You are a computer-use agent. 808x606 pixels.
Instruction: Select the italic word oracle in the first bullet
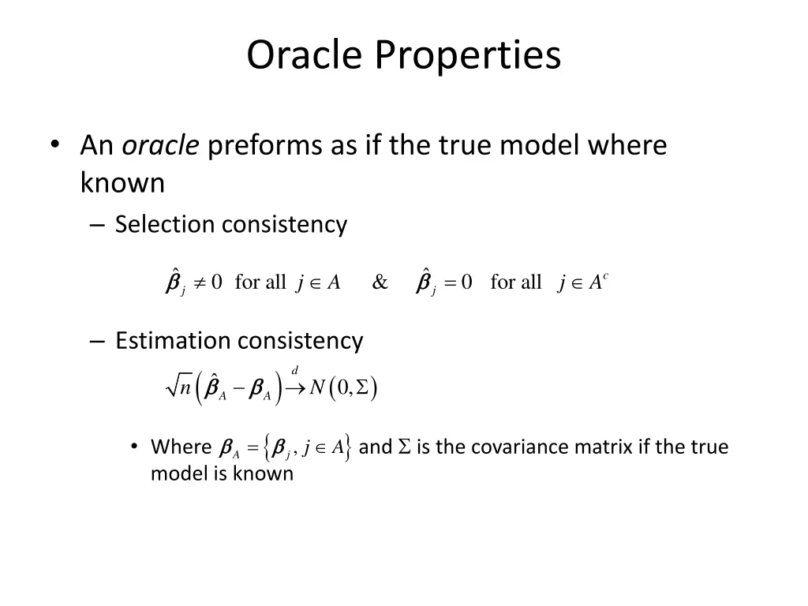160,146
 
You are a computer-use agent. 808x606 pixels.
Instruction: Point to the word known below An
122,183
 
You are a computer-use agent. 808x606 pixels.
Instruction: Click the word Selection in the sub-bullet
165,225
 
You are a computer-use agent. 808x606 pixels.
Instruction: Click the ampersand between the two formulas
380,282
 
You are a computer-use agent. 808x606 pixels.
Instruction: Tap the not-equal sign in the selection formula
197,282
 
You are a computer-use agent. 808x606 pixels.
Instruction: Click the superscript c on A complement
604,275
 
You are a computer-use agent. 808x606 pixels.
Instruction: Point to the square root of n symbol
179,387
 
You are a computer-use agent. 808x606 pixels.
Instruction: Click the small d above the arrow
295,370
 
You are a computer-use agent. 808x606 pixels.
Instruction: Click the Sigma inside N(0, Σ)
363,387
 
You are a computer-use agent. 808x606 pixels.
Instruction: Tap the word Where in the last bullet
181,447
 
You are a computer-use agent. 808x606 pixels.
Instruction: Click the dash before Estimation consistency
98,341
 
